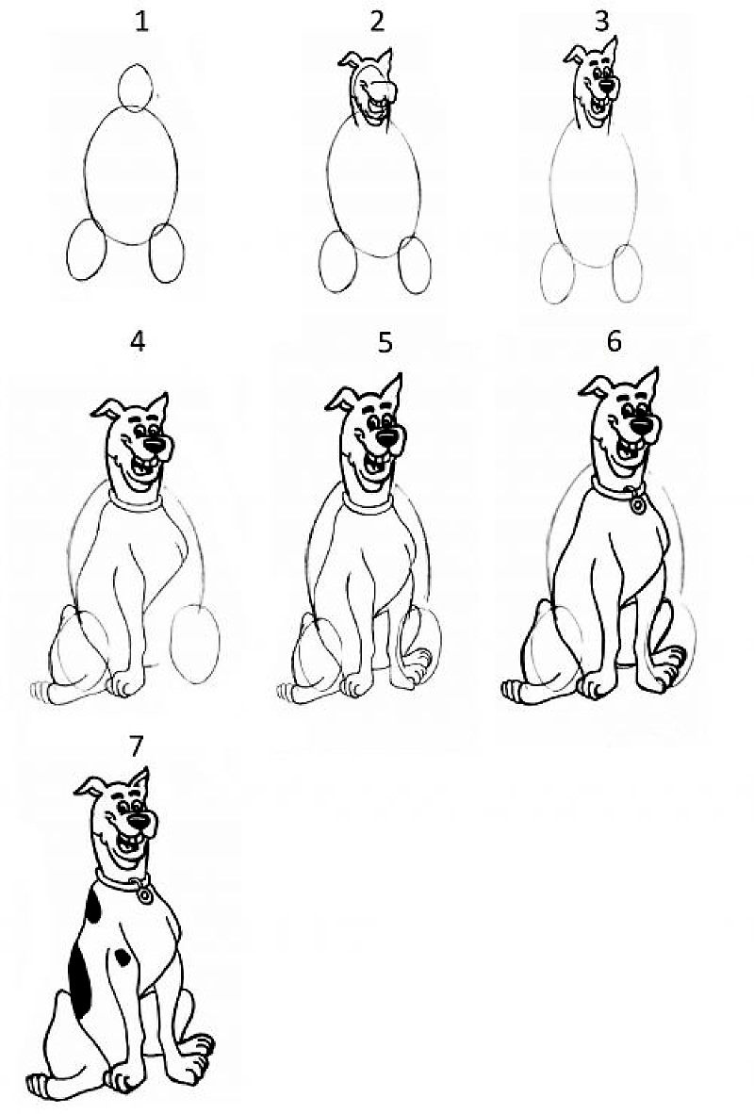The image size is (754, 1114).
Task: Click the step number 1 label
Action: pos(142,22)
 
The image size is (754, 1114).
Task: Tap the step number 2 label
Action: pos(377,22)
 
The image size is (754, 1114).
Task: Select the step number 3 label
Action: pos(601,22)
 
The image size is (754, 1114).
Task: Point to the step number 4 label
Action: pos(138,342)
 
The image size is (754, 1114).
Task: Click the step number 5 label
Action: pos(385,342)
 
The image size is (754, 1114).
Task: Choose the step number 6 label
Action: pos(614,342)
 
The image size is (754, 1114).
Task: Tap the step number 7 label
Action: pos(136,746)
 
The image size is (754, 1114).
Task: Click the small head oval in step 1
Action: pos(135,87)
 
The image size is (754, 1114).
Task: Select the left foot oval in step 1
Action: pos(87,250)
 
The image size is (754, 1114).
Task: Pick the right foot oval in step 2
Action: pos(415,264)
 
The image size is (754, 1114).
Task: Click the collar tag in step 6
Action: pos(637,504)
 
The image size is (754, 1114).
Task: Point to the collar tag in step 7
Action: pos(145,895)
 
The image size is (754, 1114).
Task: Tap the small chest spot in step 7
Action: pos(123,957)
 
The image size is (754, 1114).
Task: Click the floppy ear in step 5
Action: pos(339,400)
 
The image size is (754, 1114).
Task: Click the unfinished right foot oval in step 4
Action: pos(195,644)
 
